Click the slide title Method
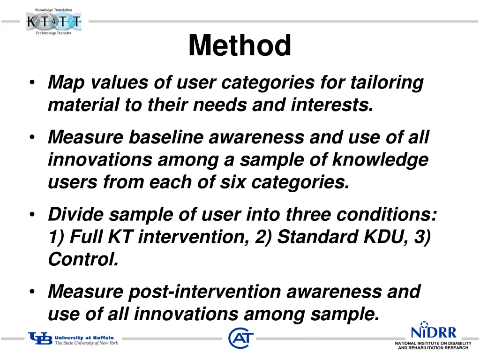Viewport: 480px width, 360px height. (x=240, y=46)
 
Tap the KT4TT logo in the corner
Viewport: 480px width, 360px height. (x=53, y=22)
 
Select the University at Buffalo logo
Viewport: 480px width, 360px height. (x=73, y=339)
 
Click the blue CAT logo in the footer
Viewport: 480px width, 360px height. (x=241, y=338)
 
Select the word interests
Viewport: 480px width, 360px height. (x=332, y=105)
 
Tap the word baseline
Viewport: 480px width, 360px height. (x=166, y=137)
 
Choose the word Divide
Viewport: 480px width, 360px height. (x=76, y=215)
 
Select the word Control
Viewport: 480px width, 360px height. (x=83, y=259)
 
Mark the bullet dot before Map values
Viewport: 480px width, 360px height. (x=31, y=83)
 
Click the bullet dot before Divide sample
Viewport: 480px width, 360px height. (x=31, y=215)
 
